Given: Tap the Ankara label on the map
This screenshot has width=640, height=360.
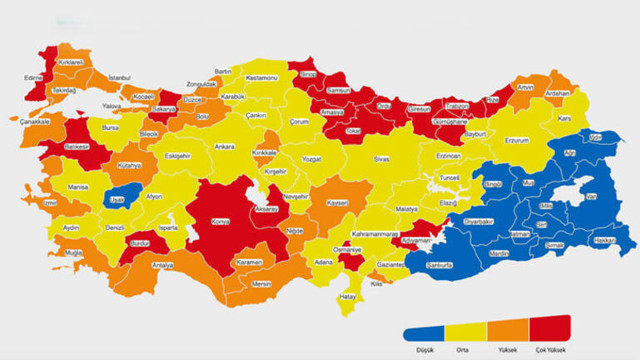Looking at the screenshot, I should pos(225,147).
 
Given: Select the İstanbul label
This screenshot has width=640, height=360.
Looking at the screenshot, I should pos(120,77).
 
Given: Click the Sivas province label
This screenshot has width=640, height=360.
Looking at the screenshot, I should pos(380,159).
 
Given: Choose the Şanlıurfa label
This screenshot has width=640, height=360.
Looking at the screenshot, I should pos(439,265).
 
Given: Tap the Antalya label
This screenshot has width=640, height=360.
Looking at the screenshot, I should pos(163,265).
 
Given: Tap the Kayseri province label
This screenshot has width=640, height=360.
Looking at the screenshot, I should pos(336,203).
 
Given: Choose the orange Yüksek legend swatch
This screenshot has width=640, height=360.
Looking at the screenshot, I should pos(506,329).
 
